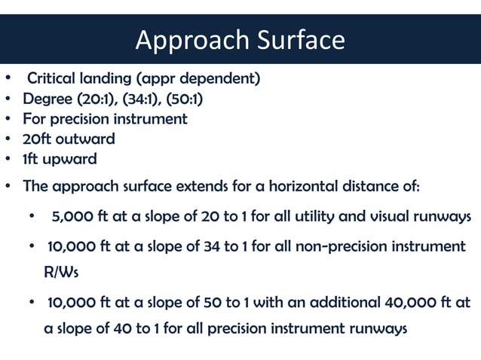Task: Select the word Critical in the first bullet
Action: pyautogui.click(x=51, y=79)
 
